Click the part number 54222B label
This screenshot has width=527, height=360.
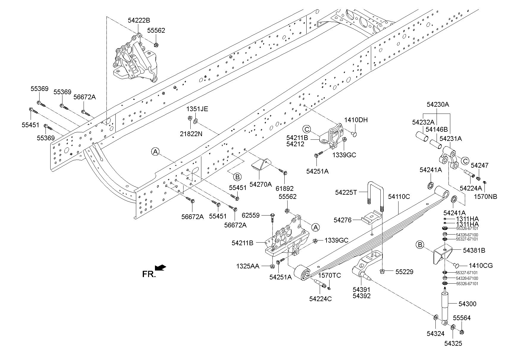click(x=139, y=20)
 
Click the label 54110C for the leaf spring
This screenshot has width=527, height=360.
click(x=399, y=196)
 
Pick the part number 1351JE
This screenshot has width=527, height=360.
click(x=197, y=109)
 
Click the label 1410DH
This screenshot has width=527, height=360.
click(x=356, y=120)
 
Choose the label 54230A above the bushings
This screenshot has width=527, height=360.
click(x=437, y=104)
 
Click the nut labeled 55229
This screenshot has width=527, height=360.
click(x=382, y=271)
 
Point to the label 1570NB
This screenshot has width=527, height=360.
click(x=485, y=196)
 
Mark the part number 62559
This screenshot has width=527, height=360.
click(x=250, y=215)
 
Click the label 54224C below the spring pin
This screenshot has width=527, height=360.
click(x=320, y=299)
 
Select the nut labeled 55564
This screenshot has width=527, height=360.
click(x=462, y=332)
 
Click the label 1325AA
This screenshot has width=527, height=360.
click(x=248, y=266)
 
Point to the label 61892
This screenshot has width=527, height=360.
click(x=284, y=188)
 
